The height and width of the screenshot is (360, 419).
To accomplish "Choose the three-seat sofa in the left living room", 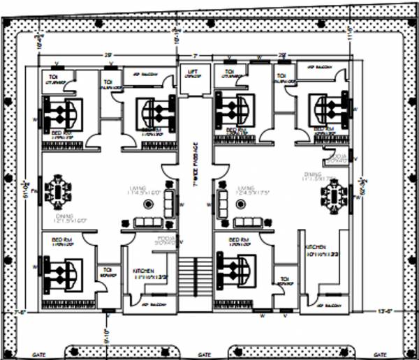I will click(x=147, y=223).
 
